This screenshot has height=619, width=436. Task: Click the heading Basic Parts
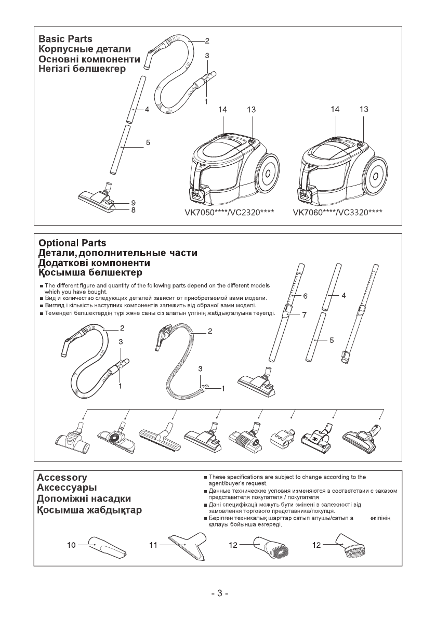65,39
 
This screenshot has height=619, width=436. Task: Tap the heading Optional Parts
72,243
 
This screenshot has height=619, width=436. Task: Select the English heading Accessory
61,477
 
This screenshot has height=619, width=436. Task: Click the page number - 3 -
219,594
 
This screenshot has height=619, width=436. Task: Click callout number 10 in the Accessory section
72,545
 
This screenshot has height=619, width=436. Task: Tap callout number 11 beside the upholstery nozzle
153,545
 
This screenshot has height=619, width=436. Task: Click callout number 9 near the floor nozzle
134,202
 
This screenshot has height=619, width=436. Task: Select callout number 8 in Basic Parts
134,210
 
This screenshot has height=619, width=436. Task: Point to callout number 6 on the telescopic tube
306,295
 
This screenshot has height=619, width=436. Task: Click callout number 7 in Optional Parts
306,315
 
